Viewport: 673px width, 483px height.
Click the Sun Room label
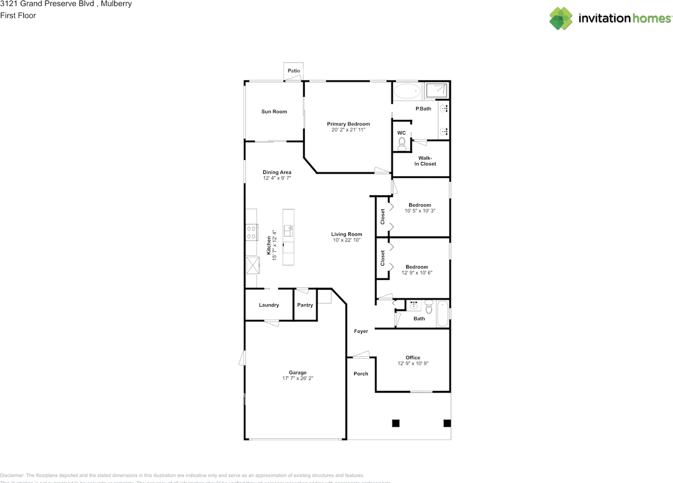coord(274,112)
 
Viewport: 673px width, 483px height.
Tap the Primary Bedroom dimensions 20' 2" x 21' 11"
coord(348,129)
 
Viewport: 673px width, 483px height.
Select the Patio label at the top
coord(294,71)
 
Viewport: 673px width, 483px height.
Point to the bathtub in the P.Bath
coord(407,92)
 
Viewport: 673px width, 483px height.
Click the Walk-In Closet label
coord(425,161)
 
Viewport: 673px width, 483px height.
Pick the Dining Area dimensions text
coord(277,178)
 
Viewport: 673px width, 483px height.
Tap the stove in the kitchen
coord(251,232)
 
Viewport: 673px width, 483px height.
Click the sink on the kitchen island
coord(288,230)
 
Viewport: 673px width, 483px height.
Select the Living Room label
coord(346,234)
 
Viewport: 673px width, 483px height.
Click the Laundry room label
coord(269,305)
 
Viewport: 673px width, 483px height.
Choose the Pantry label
coord(305,305)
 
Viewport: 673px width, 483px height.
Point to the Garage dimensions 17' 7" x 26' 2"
coord(298,378)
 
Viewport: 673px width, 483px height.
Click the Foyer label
coord(361,331)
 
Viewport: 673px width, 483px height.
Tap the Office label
coord(413,358)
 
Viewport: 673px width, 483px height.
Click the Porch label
coord(361,374)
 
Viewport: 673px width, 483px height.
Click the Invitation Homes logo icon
coord(561,18)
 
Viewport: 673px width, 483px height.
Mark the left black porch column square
coord(395,423)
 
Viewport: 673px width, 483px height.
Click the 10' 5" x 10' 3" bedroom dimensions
coord(420,210)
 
